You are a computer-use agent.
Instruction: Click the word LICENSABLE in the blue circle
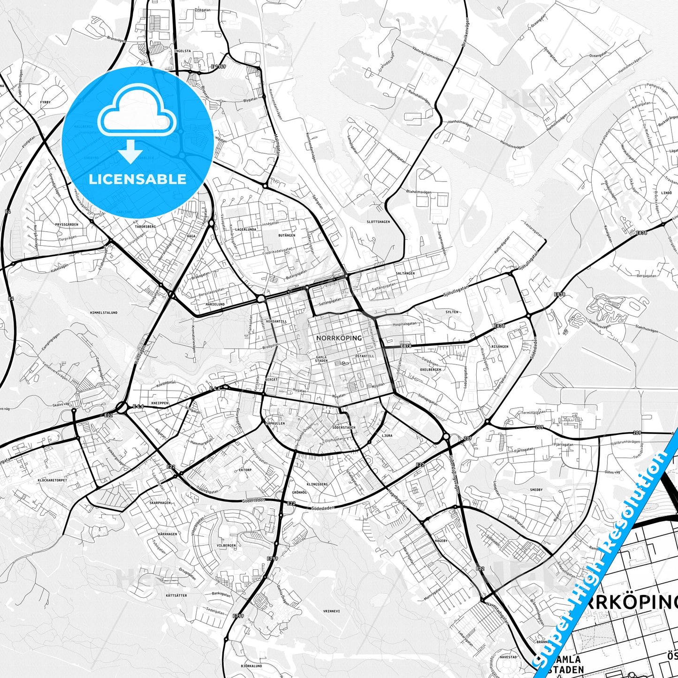(137, 179)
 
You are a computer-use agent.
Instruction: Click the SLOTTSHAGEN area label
(378, 222)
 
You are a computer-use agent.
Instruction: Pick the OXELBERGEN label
(430, 370)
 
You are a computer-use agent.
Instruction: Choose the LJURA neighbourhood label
(387, 435)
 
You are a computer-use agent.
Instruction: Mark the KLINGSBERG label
(317, 483)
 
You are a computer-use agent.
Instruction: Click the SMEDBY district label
(536, 490)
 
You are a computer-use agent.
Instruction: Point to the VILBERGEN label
(226, 546)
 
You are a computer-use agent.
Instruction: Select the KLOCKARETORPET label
(53, 480)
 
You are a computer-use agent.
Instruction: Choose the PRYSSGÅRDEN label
(66, 225)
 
